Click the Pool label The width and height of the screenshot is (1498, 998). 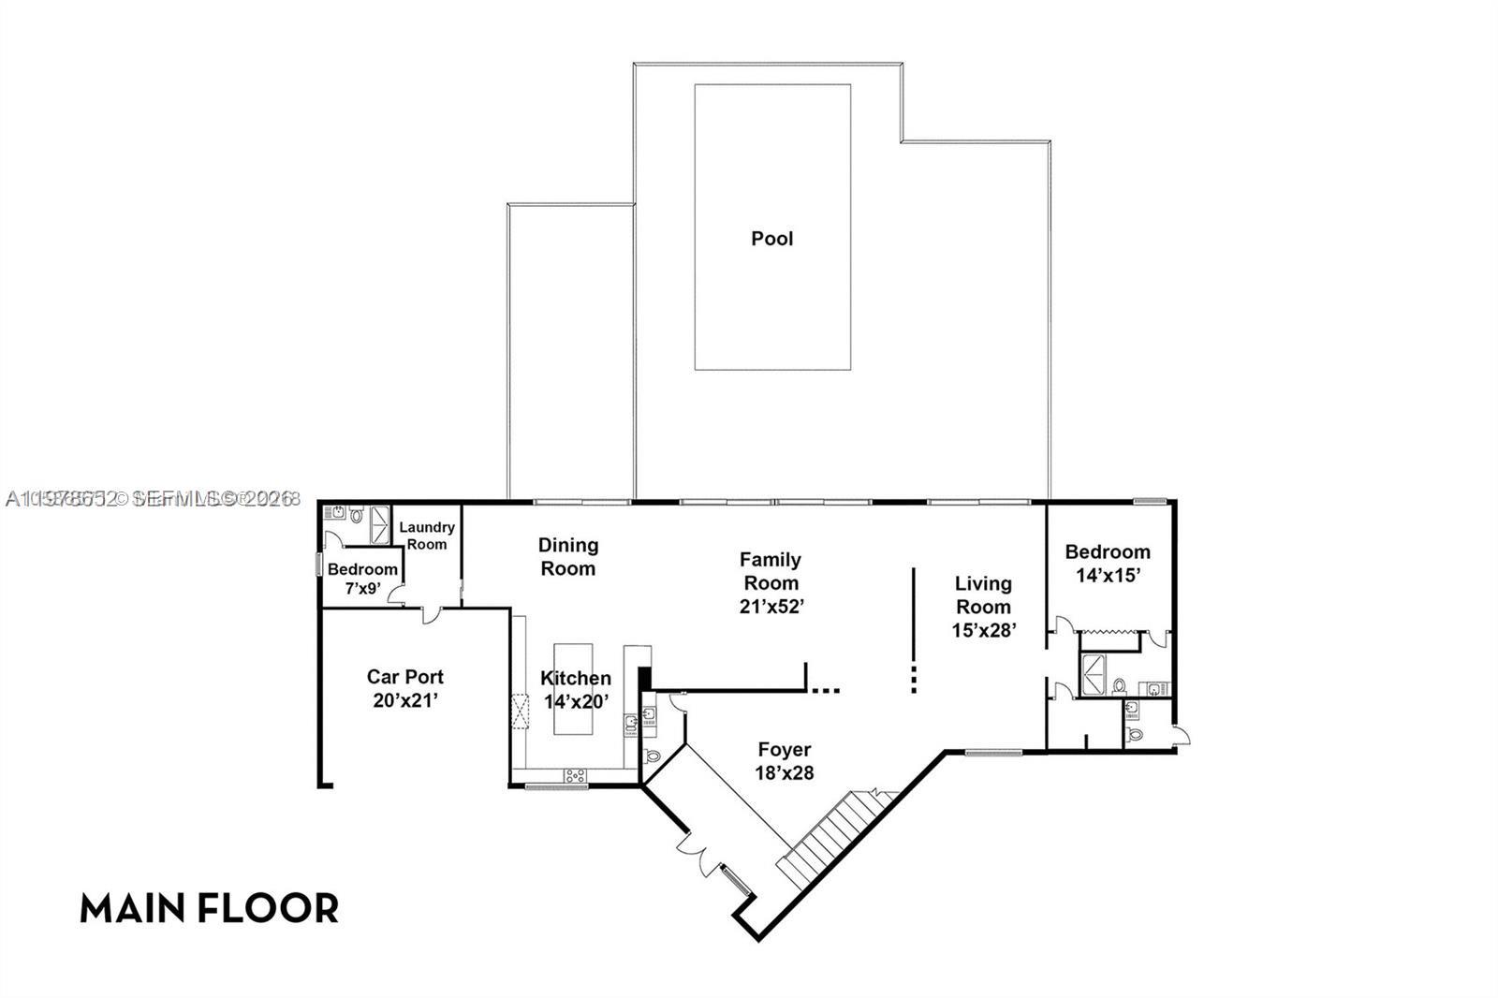771,239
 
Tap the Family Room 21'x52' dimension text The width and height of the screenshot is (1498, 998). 771,606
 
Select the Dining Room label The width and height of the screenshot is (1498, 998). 568,556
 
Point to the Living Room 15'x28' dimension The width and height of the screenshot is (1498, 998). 983,630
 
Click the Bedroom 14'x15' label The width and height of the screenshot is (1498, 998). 1108,563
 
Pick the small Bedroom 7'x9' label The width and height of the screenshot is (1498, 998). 362,579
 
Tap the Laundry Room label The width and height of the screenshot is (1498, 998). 427,536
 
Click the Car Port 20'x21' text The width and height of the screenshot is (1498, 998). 404,688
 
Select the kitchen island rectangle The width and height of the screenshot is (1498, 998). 574,688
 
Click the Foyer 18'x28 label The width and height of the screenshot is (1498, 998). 785,760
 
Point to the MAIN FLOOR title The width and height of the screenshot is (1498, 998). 209,908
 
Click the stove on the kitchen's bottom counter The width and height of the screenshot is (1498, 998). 574,775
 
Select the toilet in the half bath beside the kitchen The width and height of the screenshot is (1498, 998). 653,755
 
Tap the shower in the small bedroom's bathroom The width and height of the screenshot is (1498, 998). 380,524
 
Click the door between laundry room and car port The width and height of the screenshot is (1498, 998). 431,615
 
